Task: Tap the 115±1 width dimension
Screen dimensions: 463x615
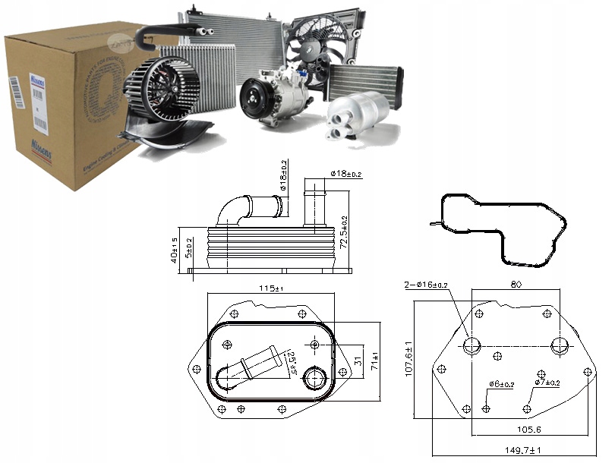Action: pyautogui.click(x=271, y=288)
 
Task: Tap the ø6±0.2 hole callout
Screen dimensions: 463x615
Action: pyautogui.click(x=502, y=383)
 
